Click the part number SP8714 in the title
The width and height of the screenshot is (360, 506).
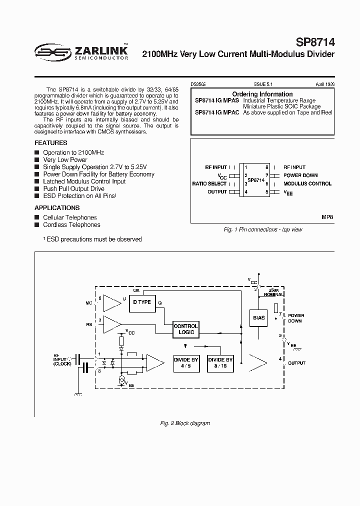click(x=313, y=41)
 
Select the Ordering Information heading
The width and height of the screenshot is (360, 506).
click(x=262, y=94)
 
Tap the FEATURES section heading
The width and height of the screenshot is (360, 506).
click(x=51, y=142)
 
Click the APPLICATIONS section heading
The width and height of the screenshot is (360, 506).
click(x=57, y=207)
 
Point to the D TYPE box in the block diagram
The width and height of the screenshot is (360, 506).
click(x=141, y=302)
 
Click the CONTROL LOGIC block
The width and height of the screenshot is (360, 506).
click(x=185, y=329)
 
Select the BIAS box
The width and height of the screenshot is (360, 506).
click(x=258, y=317)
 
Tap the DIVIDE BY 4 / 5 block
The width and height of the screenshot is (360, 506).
click(x=186, y=362)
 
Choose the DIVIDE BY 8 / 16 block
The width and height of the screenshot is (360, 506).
click(x=220, y=362)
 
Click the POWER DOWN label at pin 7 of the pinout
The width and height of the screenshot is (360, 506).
click(x=300, y=175)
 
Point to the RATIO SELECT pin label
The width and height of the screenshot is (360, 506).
click(x=209, y=183)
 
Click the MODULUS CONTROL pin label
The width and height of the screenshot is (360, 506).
click(x=307, y=183)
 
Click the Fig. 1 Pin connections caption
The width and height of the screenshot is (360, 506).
click(x=262, y=229)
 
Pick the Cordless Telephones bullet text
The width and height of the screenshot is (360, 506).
click(x=71, y=225)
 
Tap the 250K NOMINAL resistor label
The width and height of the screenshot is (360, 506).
click(x=275, y=292)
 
